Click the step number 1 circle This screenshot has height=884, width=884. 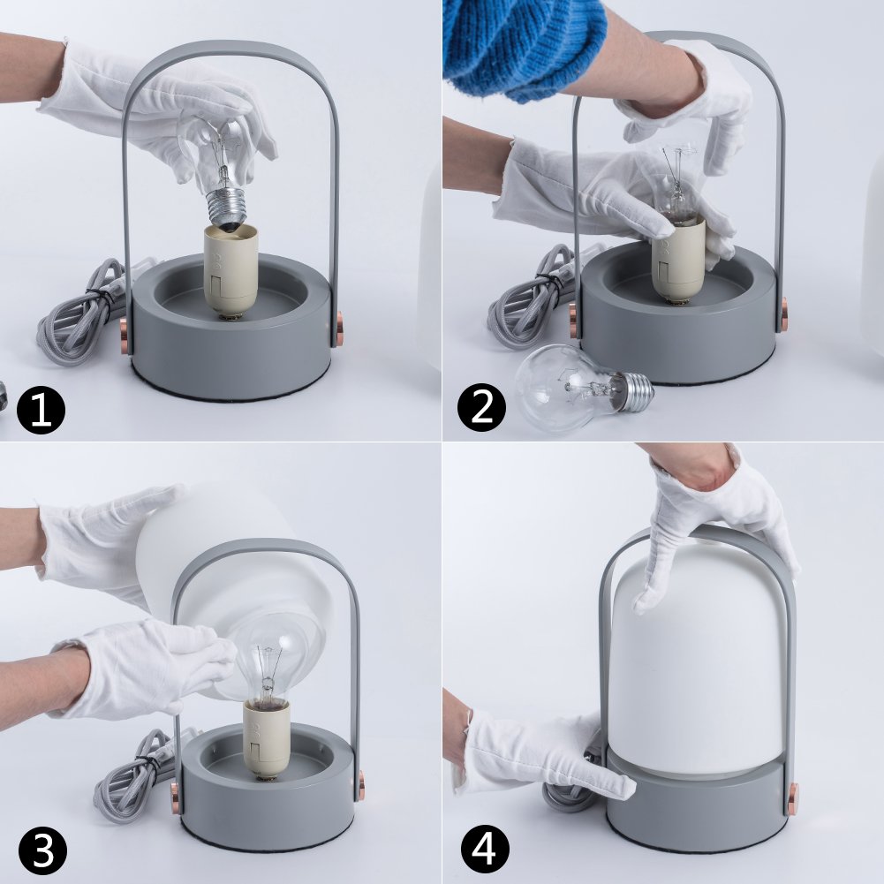pos(41,410)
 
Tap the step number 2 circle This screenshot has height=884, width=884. pos(481,408)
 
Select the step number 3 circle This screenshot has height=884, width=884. pos(42,850)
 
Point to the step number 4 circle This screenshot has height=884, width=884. pos(485,849)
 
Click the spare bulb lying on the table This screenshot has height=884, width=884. pos(584,387)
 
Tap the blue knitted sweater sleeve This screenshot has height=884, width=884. pos(522,46)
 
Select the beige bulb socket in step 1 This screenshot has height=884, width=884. pos(230,270)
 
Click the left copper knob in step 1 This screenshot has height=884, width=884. pos(124,337)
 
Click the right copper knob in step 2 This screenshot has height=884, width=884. pos(784,315)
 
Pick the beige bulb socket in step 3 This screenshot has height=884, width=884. pos(266,738)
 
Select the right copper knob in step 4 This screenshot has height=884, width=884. pos(793,798)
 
